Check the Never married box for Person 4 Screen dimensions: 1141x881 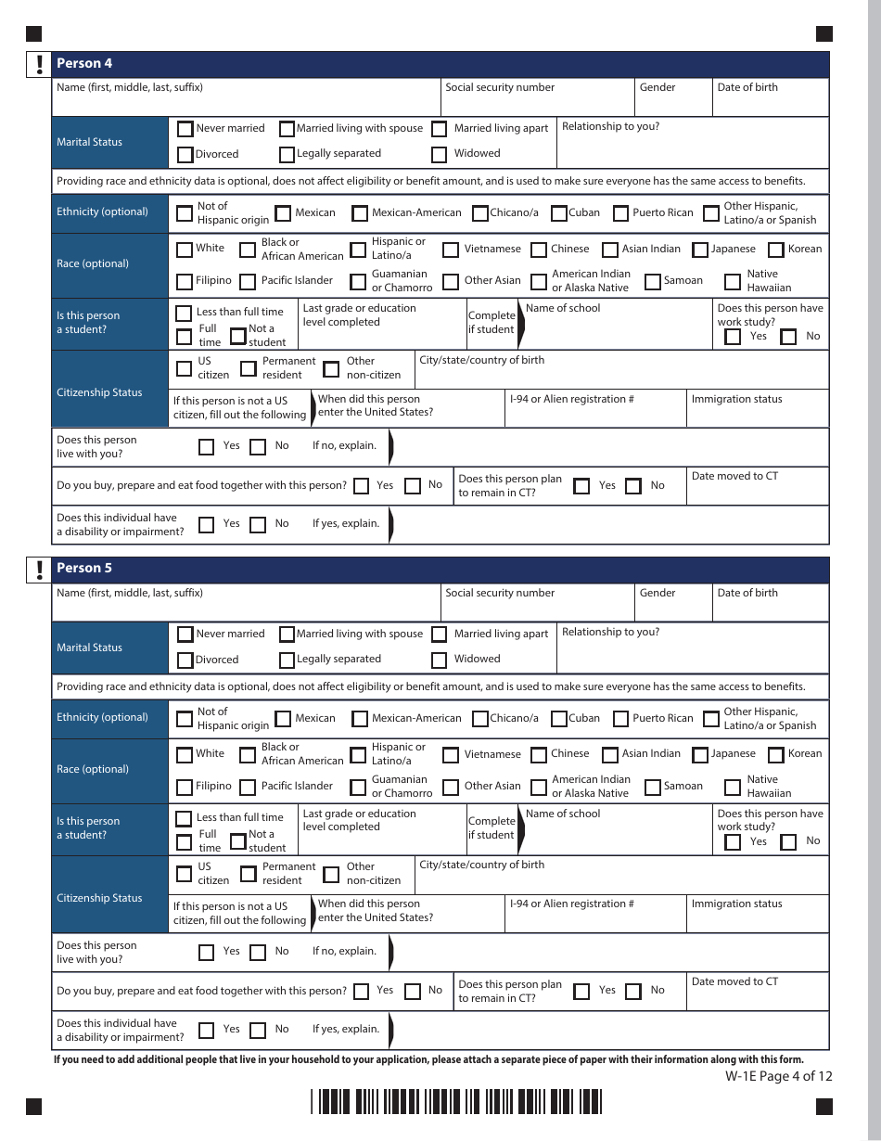coord(185,129)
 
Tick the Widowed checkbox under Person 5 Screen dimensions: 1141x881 coord(440,660)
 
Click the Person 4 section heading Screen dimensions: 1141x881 coord(84,63)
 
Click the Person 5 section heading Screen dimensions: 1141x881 coord(84,568)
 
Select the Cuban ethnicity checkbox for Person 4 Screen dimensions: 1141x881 coord(559,213)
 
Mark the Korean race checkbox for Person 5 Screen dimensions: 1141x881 coord(776,755)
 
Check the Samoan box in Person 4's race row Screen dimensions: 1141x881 coord(653,281)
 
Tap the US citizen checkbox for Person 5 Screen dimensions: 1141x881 coord(184,874)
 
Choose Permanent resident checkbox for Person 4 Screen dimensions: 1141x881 coord(249,368)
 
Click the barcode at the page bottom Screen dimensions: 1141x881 coord(456,1102)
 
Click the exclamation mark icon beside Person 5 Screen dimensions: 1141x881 coord(39,569)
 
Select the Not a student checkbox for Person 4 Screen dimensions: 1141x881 coord(238,336)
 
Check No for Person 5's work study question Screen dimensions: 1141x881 coord(789,842)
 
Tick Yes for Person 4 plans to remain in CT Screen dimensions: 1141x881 coord(581,486)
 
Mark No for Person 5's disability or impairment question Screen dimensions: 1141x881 coord(258,1030)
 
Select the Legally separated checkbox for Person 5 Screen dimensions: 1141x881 coord(287,660)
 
